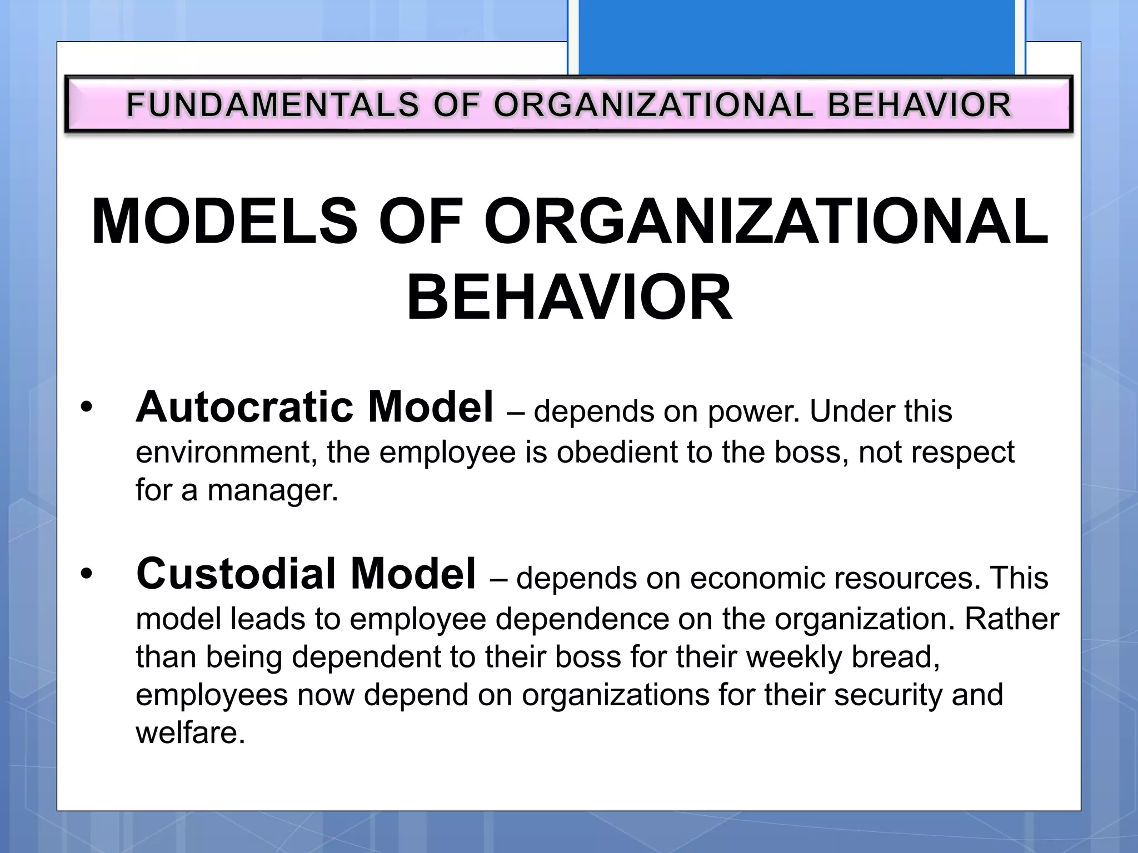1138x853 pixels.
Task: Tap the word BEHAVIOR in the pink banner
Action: coord(920,105)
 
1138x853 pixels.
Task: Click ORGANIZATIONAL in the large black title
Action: coord(766,222)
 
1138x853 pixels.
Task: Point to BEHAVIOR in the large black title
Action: coord(570,298)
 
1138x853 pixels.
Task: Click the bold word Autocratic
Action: coord(245,407)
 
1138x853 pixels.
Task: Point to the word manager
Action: coord(272,490)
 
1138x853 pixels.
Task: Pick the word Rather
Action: coord(1011,619)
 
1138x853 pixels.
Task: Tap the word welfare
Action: coord(190,733)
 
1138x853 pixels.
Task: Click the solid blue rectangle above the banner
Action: coord(796,36)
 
